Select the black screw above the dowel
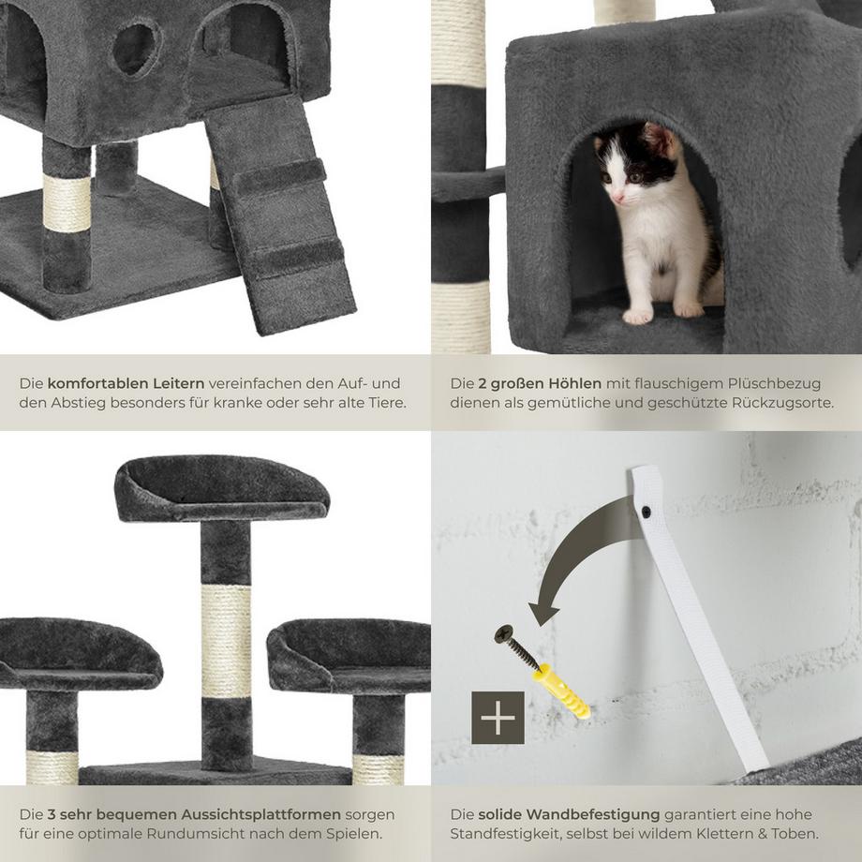516,647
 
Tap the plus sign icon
498,717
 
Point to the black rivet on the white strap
647,513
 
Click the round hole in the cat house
137,49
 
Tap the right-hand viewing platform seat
351,656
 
